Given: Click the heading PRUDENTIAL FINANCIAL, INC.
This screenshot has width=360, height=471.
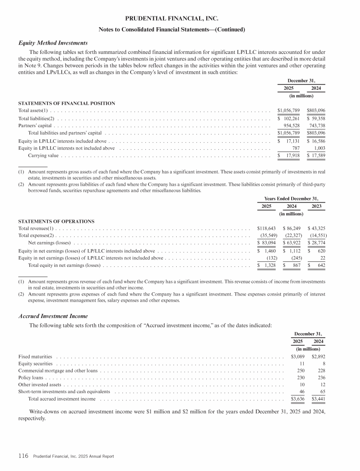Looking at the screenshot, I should coord(172,19).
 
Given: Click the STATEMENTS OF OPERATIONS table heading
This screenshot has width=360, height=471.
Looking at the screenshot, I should coord(56,221).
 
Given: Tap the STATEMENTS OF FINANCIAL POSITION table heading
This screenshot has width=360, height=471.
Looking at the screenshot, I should coord(67,103).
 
